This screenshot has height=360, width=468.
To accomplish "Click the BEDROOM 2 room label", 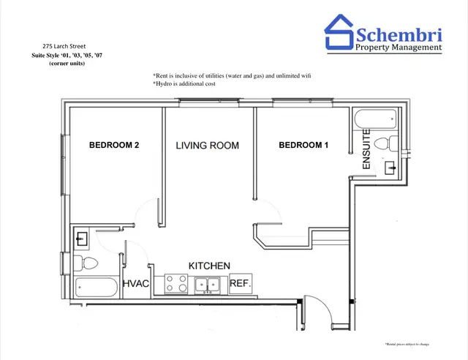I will click(x=114, y=145).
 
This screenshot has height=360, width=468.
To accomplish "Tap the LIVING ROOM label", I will click(x=207, y=145).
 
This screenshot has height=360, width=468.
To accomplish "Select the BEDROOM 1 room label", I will click(x=303, y=145).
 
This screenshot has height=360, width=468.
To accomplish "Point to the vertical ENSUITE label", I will click(x=366, y=150).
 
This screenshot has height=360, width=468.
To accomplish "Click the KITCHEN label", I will click(x=210, y=265).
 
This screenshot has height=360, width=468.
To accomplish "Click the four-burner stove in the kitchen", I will click(x=175, y=284).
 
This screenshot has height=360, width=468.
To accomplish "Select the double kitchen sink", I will click(x=208, y=285).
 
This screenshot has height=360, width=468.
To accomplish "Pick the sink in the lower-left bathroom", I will click(x=82, y=238).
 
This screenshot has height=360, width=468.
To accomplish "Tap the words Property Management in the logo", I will click(x=399, y=48).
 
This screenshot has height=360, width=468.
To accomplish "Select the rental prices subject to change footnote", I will click(x=407, y=344).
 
